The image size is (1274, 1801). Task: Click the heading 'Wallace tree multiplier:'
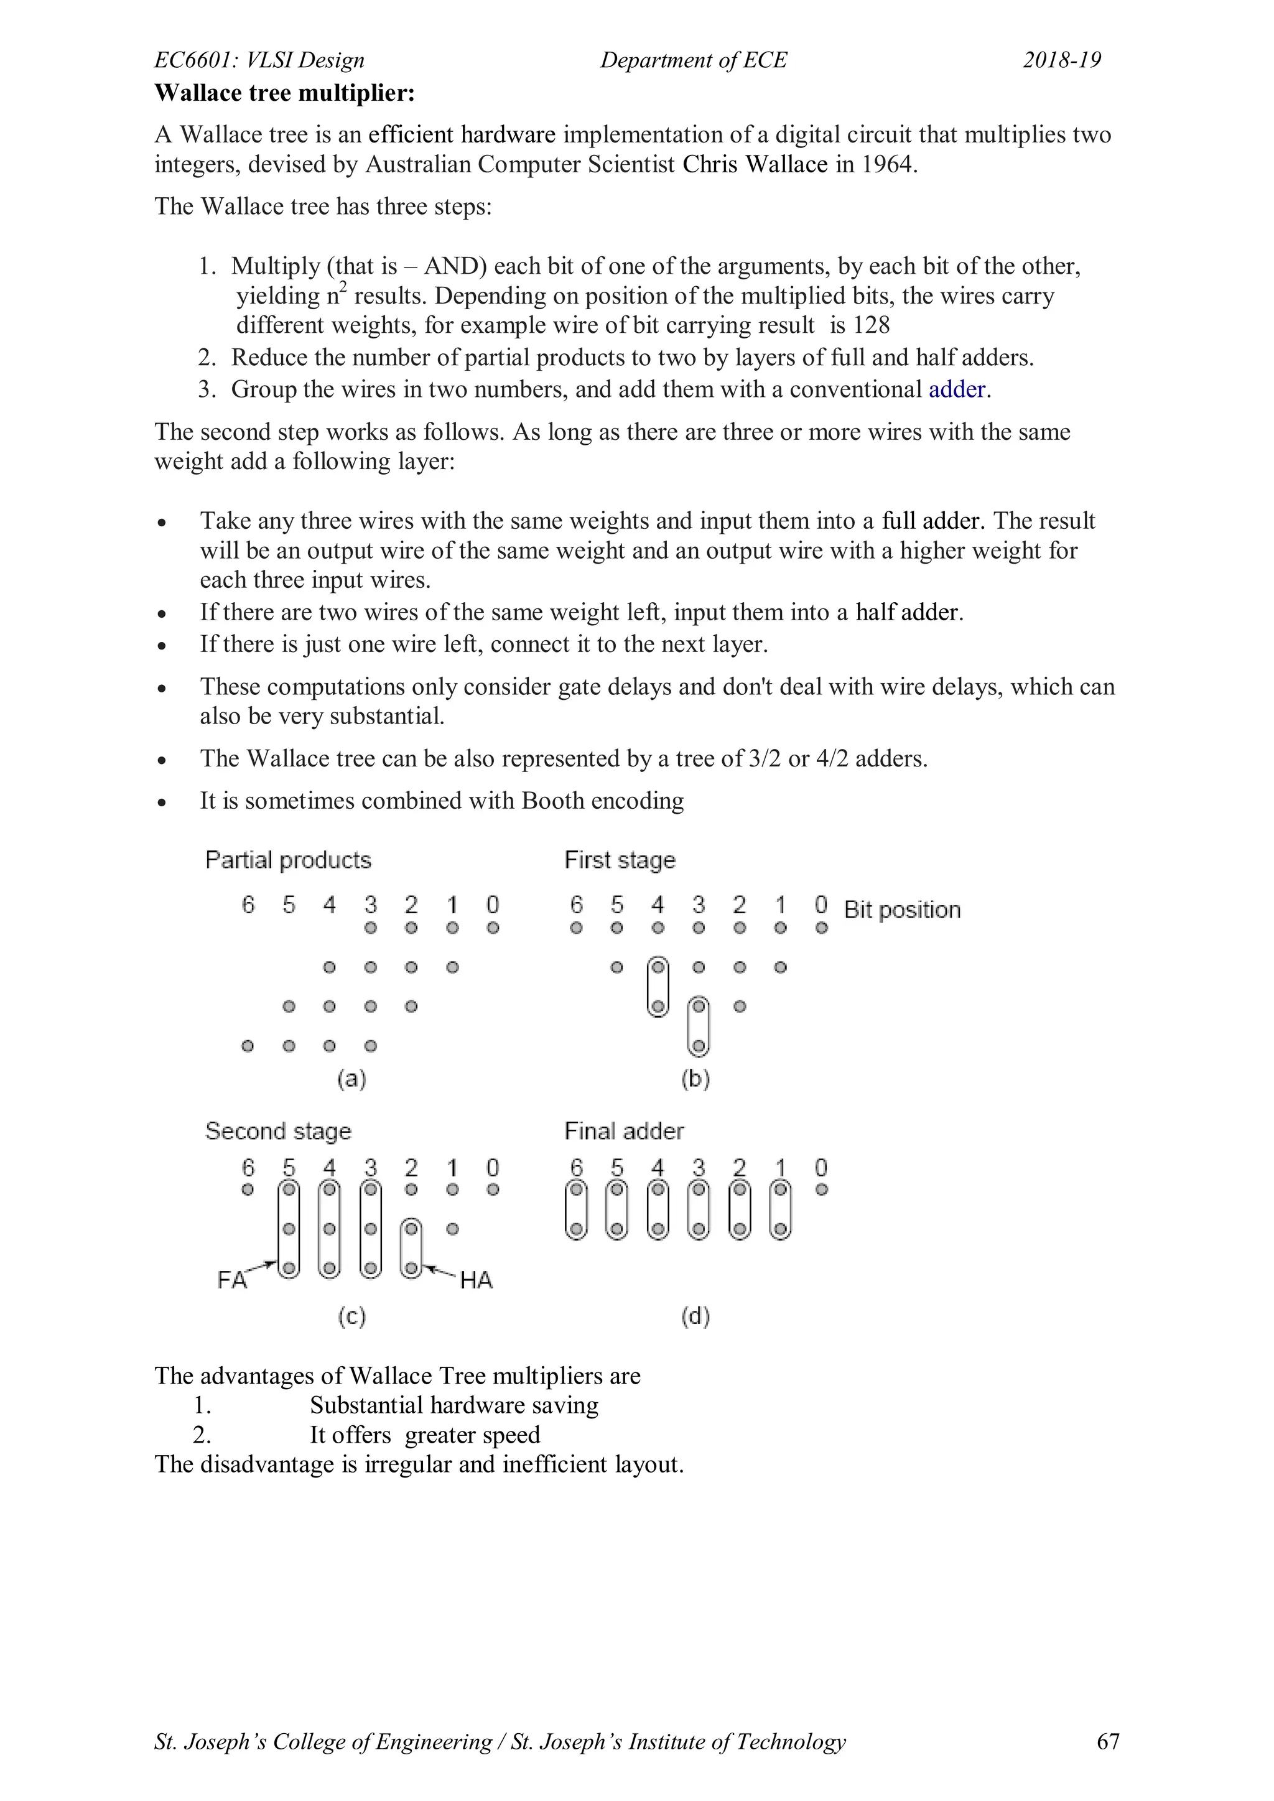coord(284,93)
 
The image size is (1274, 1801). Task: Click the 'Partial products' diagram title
coord(288,860)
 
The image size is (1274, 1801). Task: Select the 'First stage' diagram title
coord(620,860)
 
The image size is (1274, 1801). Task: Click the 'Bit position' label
coord(902,910)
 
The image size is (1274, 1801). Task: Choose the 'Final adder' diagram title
coord(624,1131)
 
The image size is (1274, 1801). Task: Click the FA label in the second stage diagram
coord(231,1280)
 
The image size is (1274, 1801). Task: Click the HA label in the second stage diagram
coord(475,1280)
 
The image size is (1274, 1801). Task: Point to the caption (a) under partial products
coord(351,1079)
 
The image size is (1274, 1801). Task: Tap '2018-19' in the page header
coord(1061,60)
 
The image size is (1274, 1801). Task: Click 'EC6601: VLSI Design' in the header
coord(259,60)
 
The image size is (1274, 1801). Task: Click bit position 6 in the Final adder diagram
coord(577,1168)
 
